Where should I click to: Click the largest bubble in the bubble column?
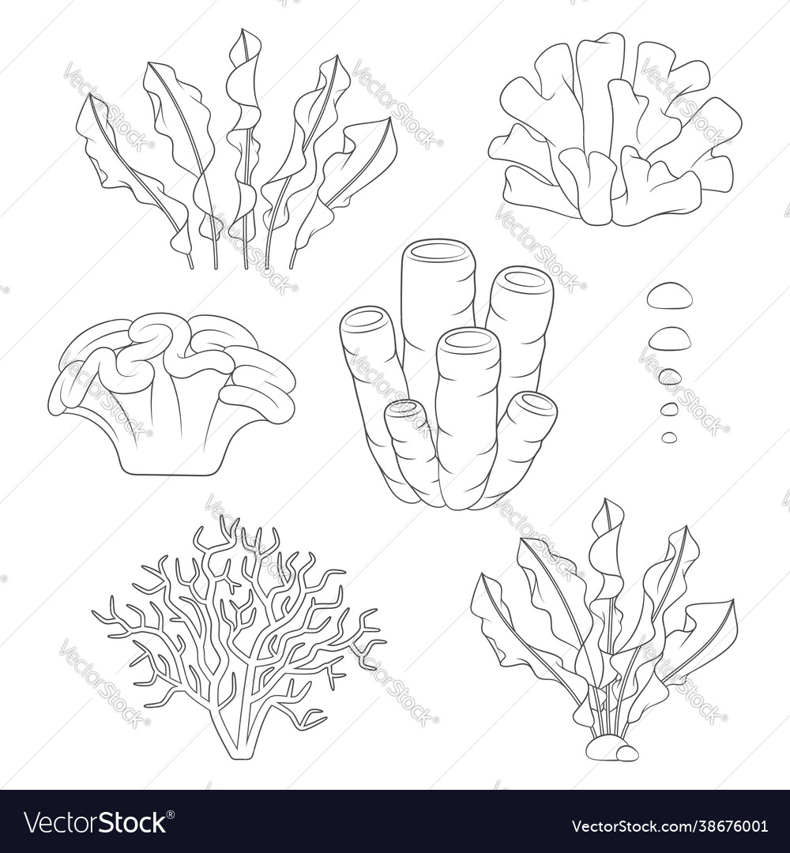669,296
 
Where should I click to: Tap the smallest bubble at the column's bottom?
669,437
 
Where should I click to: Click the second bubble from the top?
669,339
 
